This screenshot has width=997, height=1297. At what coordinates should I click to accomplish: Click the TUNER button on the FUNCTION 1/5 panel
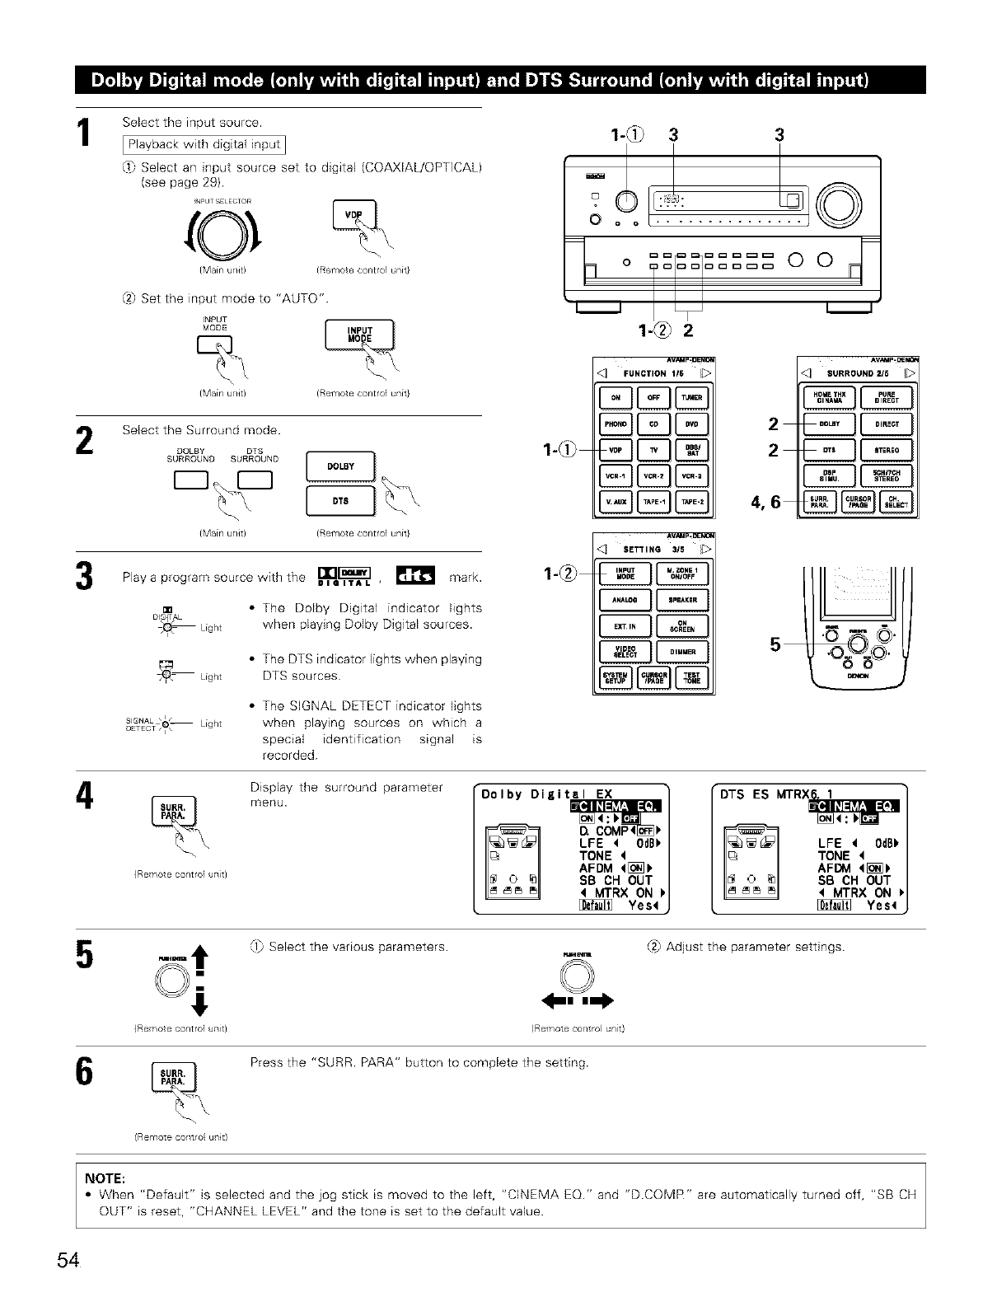coord(692,397)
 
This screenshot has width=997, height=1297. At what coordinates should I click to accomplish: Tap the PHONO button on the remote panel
coord(615,424)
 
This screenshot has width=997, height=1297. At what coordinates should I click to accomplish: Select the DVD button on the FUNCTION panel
coord(692,424)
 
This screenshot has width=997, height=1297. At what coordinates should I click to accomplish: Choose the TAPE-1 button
coord(654,502)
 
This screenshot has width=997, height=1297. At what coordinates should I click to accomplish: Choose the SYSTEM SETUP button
coord(615,678)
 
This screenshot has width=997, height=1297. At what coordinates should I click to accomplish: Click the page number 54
coord(68,1260)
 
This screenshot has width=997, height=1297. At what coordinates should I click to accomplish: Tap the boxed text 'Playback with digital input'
coord(203,145)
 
